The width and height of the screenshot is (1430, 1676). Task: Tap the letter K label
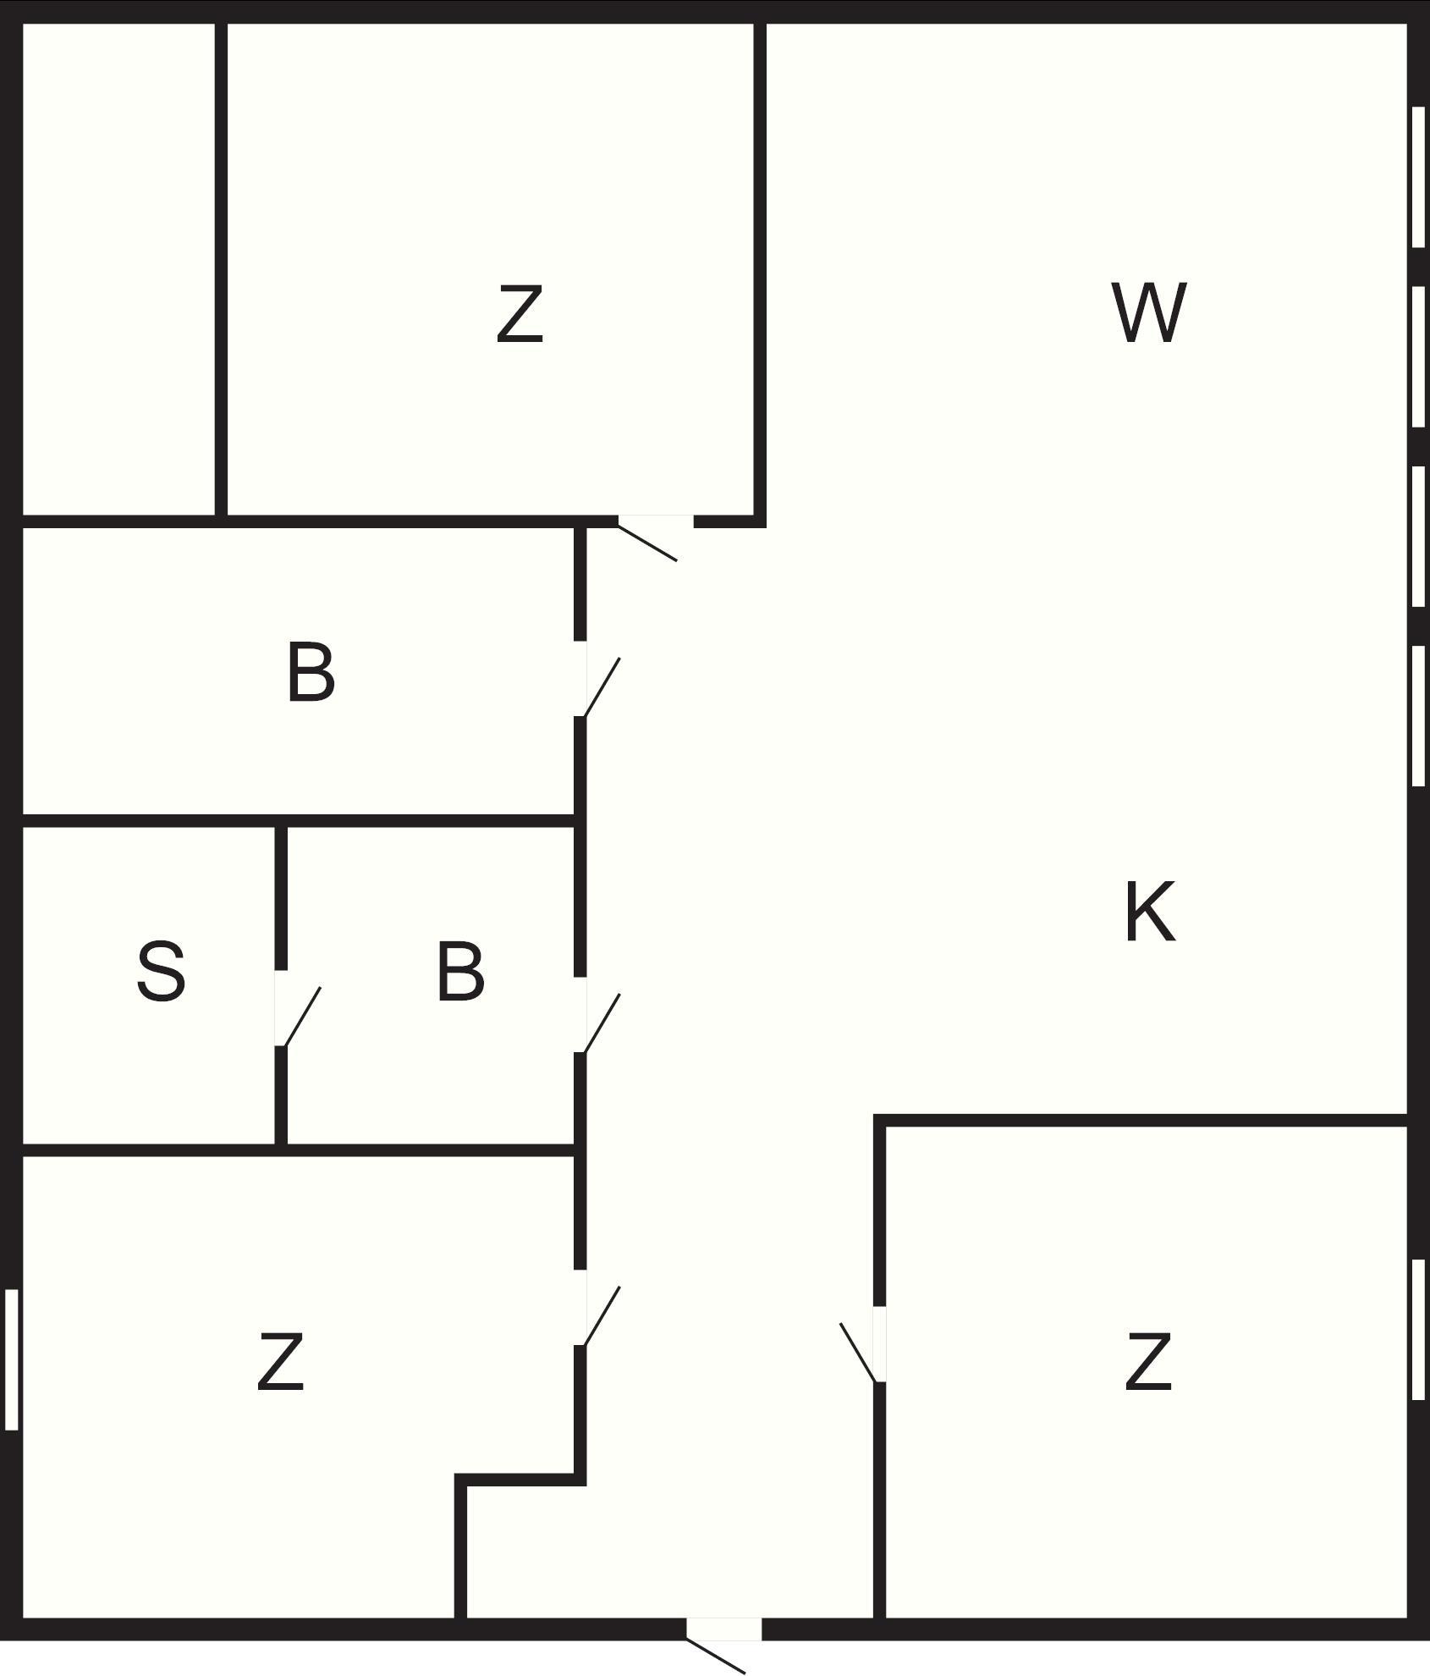1150,912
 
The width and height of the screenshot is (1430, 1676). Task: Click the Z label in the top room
519,314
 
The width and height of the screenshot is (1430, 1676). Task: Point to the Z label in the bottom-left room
280,1362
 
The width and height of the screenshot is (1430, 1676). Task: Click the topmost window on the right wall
1418,176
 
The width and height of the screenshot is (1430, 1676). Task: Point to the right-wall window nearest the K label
1418,716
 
